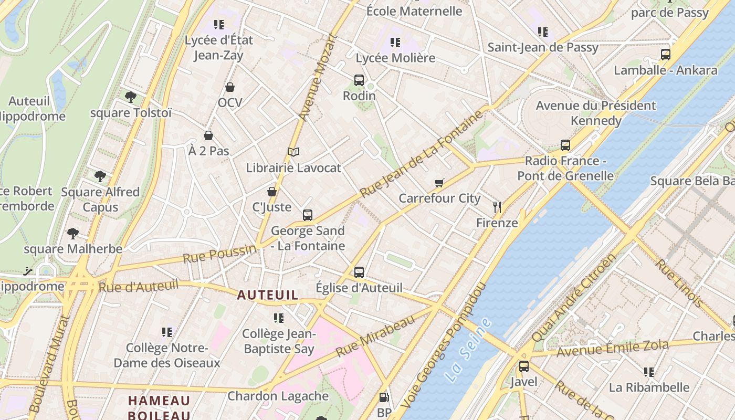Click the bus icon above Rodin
pyautogui.click(x=359, y=80)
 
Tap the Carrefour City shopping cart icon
pyautogui.click(x=439, y=183)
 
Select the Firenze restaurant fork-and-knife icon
pyautogui.click(x=497, y=207)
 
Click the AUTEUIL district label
pyautogui.click(x=268, y=295)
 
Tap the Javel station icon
pyautogui.click(x=523, y=366)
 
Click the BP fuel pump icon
pyautogui.click(x=384, y=398)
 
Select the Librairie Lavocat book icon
pyautogui.click(x=293, y=152)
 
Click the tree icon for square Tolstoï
pyautogui.click(x=131, y=97)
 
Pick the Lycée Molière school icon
pyautogui.click(x=395, y=43)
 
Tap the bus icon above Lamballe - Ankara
pyautogui.click(x=665, y=54)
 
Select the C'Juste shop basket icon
pyautogui.click(x=272, y=192)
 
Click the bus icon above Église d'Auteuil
pyautogui.click(x=359, y=272)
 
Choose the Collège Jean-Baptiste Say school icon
pyautogui.click(x=279, y=318)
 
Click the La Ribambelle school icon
pyautogui.click(x=649, y=372)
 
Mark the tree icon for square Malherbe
pyautogui.click(x=72, y=233)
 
